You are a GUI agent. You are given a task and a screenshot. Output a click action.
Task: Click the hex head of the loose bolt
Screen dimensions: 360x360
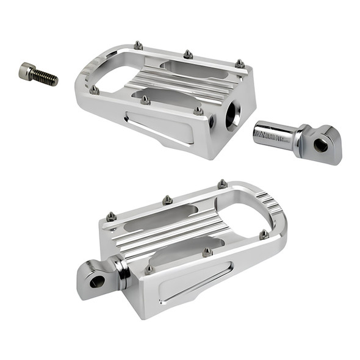[x=26, y=71]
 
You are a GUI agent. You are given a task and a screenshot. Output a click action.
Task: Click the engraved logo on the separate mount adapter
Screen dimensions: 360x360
[x=266, y=133]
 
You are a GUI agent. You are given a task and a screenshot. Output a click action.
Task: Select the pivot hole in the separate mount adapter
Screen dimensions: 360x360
[x=320, y=145]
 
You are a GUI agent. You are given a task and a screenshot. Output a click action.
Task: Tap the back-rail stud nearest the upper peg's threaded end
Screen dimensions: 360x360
[x=240, y=63]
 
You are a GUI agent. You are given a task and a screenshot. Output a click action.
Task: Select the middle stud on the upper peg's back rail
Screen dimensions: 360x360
[x=189, y=54]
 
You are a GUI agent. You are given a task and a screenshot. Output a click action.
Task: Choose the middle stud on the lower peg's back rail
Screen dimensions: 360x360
[x=167, y=199]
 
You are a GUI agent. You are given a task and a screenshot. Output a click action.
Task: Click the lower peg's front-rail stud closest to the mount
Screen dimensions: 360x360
[x=149, y=268]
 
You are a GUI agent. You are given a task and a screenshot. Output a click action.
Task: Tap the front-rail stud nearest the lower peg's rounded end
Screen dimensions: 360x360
[x=264, y=234]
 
